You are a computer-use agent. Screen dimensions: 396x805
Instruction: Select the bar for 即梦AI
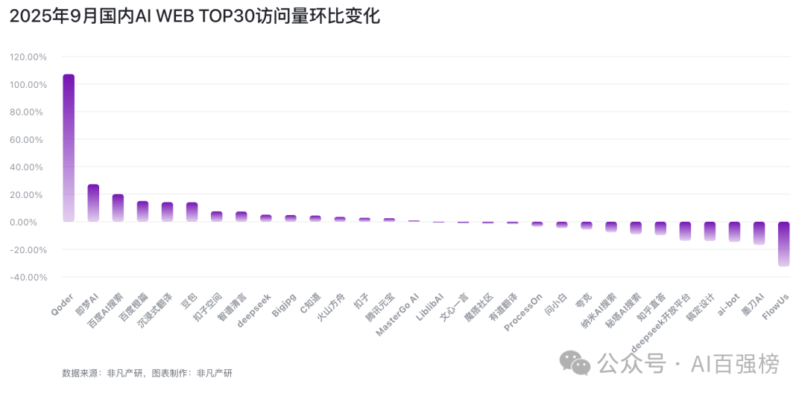93,202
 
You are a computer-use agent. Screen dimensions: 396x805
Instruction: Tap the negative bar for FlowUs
783,243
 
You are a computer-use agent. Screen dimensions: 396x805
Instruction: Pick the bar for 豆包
192,212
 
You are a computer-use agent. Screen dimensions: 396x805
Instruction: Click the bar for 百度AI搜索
118,208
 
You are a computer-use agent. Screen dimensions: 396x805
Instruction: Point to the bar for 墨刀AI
759,233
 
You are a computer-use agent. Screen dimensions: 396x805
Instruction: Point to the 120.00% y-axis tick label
28,57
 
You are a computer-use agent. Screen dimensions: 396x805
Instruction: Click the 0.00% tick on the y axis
31,222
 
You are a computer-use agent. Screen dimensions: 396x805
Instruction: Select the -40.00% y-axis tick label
28,277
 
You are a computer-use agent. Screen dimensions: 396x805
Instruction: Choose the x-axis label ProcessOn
524,313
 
